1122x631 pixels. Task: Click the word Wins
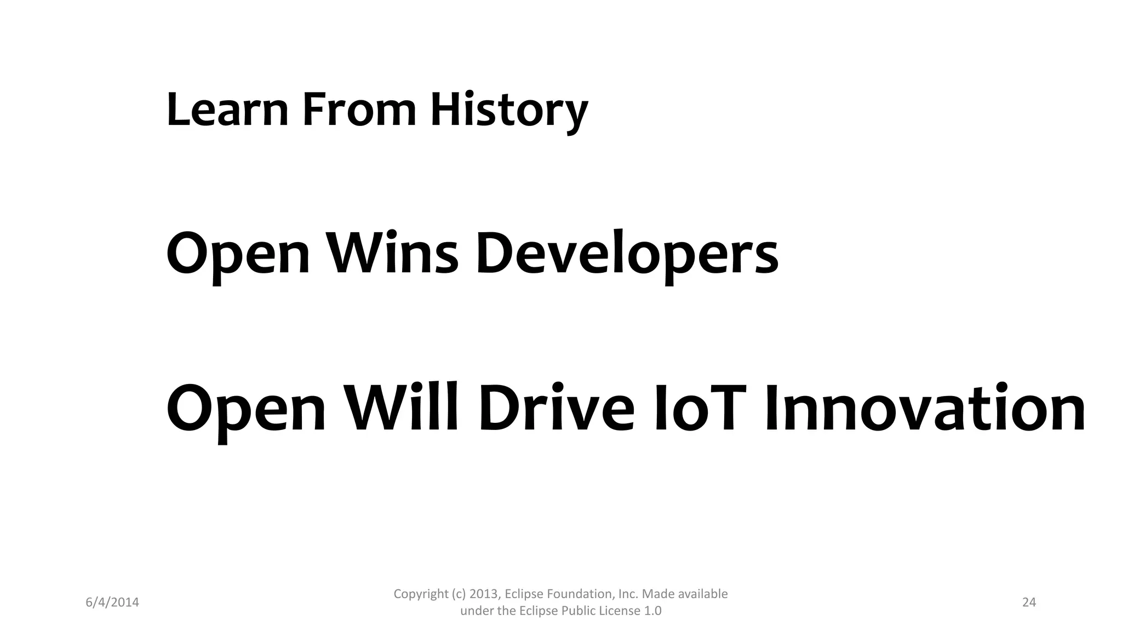(x=392, y=253)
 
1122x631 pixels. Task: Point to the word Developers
(x=627, y=253)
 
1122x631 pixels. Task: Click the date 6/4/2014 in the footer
(x=112, y=603)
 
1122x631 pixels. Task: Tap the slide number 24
(x=1029, y=603)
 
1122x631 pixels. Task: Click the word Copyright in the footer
(x=420, y=594)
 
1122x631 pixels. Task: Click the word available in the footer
(x=703, y=594)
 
